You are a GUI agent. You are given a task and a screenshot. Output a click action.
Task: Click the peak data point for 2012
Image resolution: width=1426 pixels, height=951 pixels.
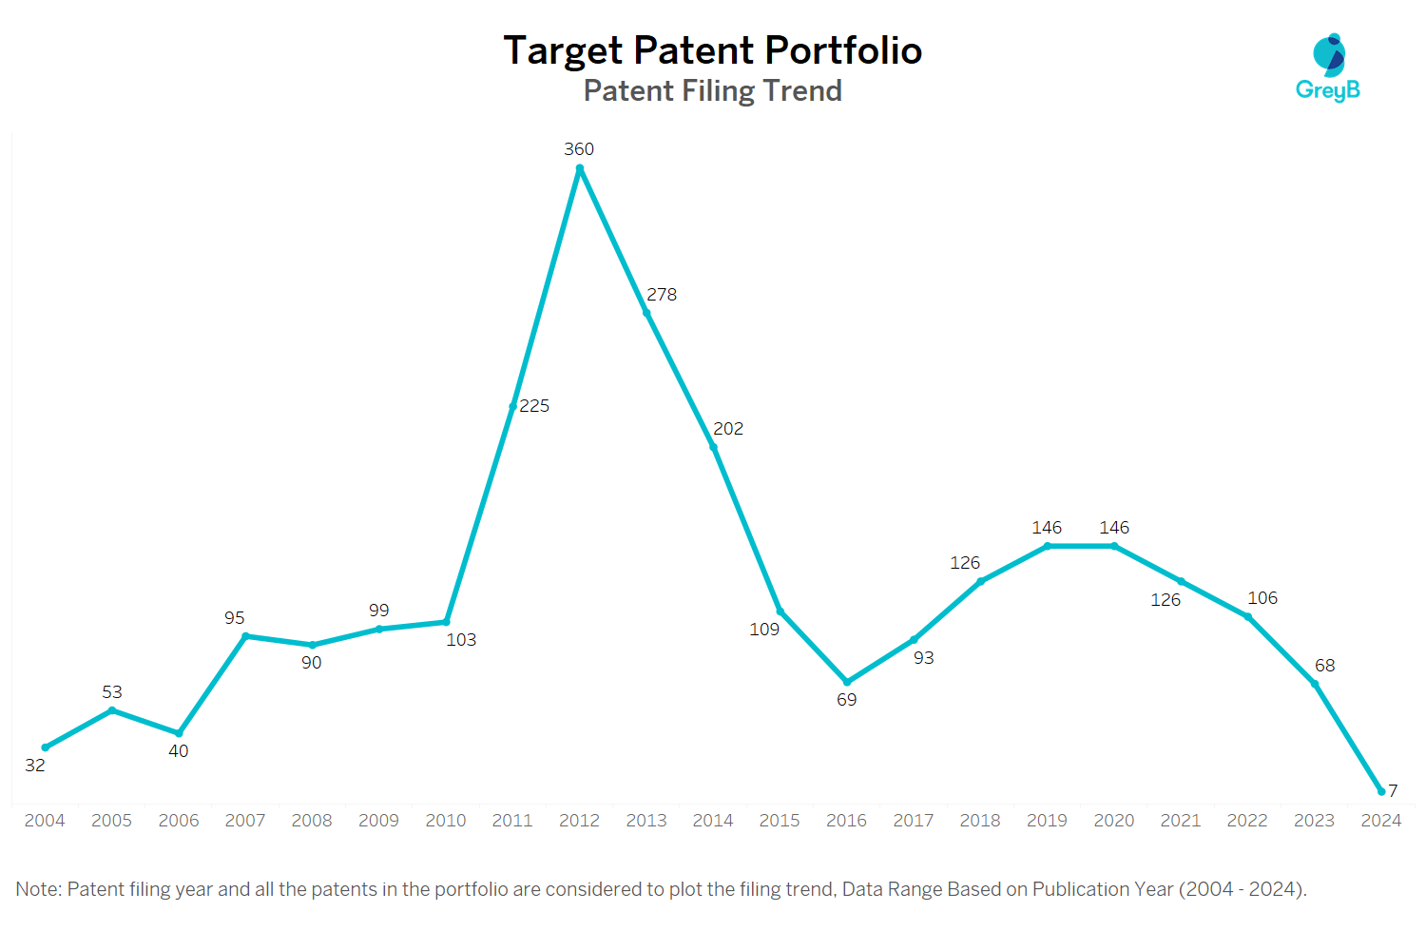tap(579, 168)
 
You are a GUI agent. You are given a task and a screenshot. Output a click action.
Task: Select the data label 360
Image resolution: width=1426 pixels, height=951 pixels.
tap(579, 149)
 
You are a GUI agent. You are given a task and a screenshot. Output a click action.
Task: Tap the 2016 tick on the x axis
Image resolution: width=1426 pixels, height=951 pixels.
tap(846, 821)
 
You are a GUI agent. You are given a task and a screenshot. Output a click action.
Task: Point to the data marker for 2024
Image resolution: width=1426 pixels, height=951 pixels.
tap(1380, 792)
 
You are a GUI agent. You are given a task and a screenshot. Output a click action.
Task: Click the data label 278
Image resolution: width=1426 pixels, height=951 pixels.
tap(662, 294)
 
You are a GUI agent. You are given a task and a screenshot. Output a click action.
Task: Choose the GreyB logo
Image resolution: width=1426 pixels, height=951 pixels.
tap(1328, 67)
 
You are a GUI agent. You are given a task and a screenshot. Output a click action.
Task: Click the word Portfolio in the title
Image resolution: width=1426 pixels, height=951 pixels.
tap(843, 49)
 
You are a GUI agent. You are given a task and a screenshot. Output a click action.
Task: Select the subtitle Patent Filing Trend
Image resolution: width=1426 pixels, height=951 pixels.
tap(712, 90)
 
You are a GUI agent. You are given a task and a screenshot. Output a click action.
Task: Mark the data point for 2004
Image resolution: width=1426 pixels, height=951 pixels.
tap(46, 747)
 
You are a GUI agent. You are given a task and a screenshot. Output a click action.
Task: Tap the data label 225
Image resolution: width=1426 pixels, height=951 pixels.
tap(534, 406)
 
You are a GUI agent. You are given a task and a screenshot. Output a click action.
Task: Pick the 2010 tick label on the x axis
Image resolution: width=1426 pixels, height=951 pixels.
tap(446, 821)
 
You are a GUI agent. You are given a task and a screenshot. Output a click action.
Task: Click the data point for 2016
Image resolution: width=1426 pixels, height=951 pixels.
tap(847, 682)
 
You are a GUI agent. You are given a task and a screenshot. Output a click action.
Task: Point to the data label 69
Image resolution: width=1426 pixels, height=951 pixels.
tap(847, 700)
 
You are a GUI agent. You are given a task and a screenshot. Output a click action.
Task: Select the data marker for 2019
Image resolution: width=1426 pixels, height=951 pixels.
tap(1048, 546)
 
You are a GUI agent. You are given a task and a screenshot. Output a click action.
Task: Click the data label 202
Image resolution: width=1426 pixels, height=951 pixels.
tap(728, 429)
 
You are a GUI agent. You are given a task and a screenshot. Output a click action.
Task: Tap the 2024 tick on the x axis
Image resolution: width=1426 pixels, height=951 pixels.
tap(1380, 821)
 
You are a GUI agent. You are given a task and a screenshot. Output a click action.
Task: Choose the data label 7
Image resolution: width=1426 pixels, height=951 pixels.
tap(1393, 790)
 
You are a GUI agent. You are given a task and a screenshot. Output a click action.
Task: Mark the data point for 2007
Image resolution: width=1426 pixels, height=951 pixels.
tap(245, 636)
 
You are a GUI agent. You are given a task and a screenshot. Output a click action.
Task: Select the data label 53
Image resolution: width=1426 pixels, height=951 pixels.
tap(112, 691)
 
